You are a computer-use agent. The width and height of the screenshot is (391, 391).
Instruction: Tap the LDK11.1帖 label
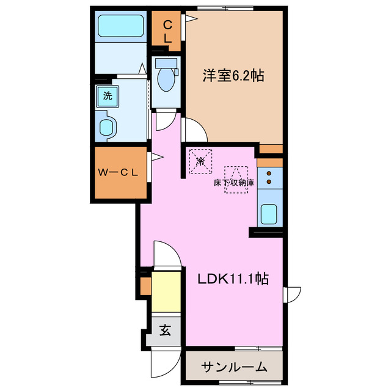(233, 279)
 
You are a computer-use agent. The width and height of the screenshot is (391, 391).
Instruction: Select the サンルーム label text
(234, 367)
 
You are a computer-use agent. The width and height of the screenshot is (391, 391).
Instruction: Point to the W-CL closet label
(120, 173)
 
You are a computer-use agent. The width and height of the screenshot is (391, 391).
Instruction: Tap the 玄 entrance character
(165, 332)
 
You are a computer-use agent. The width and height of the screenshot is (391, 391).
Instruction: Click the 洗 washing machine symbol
(108, 95)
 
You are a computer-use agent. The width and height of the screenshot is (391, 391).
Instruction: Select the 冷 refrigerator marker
(200, 161)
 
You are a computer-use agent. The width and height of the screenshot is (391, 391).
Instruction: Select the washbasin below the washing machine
(108, 127)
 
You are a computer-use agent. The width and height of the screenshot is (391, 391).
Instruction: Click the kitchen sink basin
(269, 214)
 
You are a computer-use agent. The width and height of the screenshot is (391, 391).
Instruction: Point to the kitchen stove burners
(269, 173)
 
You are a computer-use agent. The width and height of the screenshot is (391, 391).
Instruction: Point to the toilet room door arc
(164, 121)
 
